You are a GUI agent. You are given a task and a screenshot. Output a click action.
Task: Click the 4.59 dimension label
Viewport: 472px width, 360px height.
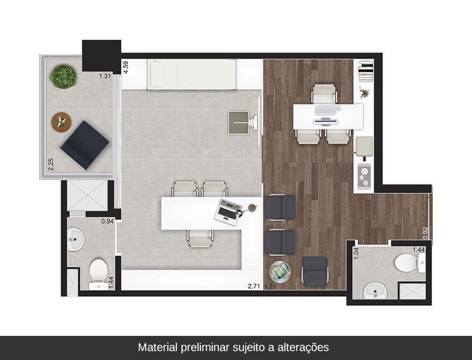click(126, 67)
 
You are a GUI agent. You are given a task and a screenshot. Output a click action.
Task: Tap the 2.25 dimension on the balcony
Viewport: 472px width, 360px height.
click(51, 164)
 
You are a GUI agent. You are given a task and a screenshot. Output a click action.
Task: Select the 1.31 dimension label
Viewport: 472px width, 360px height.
click(105, 76)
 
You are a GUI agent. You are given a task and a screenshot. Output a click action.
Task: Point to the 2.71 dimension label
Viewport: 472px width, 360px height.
click(254, 286)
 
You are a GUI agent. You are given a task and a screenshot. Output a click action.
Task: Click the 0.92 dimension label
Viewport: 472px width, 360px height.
click(425, 233)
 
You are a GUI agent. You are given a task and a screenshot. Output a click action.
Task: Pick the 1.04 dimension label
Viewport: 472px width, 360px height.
click(356, 253)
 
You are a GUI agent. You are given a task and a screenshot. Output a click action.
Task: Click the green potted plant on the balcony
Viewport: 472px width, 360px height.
click(63, 77)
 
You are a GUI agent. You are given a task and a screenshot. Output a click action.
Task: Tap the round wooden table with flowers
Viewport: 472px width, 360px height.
click(61, 122)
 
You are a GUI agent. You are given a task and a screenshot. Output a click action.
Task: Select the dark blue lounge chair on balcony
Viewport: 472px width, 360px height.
click(84, 145)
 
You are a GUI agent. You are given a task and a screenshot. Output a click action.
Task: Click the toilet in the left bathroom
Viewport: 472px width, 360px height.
click(98, 274)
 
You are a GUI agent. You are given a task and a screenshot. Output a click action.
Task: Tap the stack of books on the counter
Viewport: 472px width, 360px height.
click(366, 71)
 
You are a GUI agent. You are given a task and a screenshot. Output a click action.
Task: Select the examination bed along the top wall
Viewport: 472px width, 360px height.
click(192, 75)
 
